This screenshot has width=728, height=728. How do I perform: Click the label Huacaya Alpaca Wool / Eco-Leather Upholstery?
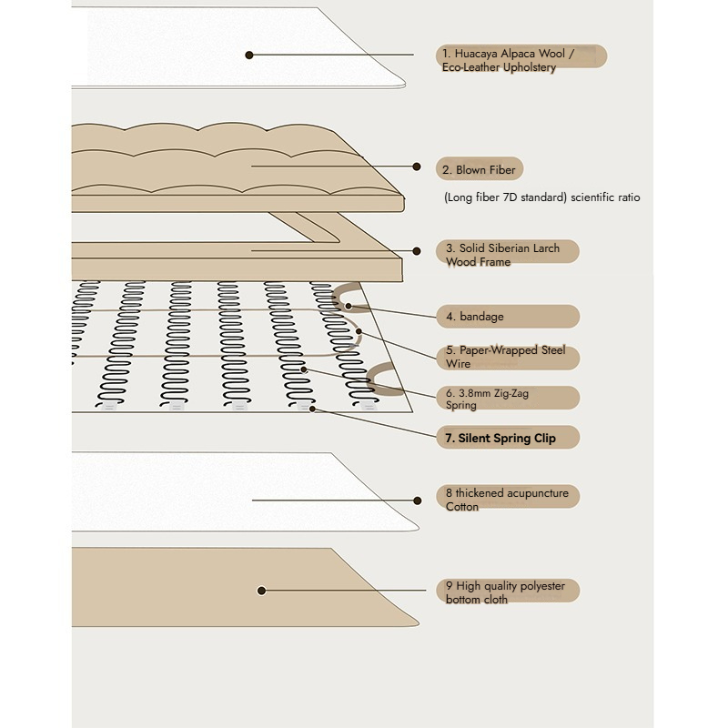pos(508,61)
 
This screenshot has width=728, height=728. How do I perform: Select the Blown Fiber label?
pos(479,170)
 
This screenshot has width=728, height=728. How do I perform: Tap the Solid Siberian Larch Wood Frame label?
pos(503,255)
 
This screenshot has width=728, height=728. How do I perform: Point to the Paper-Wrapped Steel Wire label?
pos(505,357)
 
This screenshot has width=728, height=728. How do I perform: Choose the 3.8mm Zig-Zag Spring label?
pos(489,399)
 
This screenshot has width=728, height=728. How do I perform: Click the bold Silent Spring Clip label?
pos(500,438)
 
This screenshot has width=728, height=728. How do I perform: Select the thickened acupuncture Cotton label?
pos(507,500)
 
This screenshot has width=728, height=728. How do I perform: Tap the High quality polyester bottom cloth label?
pos(505,592)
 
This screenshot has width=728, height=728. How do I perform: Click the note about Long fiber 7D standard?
pos(542,197)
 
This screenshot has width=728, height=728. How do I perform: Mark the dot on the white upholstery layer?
pos(248,55)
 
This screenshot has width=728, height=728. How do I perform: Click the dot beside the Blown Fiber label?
pos(417,167)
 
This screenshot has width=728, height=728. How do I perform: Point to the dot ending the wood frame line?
pos(417,251)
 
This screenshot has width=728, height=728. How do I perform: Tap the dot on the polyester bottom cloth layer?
pos(261,591)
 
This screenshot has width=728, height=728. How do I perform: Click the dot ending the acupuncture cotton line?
pos(417,500)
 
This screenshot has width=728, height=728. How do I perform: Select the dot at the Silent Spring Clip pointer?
pos(313,409)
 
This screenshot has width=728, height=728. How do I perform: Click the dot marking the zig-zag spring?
pos(304,369)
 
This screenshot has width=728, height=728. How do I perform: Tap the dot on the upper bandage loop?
pos(347,307)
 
